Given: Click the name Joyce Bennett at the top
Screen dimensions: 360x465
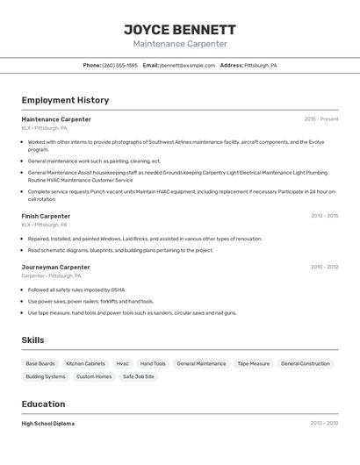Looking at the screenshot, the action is click(179, 29).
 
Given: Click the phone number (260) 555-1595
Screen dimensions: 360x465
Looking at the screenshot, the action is click(119, 66).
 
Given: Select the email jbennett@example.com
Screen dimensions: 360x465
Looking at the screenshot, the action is click(187, 66).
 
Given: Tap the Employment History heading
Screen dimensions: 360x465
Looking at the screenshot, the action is click(65, 101).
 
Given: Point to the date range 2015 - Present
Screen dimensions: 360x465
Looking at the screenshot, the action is click(320, 119).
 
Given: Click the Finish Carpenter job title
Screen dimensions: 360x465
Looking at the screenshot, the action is click(46, 216).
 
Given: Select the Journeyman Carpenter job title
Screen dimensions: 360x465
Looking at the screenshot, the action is click(55, 267).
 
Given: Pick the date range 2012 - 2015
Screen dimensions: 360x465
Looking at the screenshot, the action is click(324, 216).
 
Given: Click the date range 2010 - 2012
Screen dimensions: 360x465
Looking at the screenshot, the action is click(324, 267).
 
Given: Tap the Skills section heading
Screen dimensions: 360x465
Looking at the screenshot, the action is click(32, 340).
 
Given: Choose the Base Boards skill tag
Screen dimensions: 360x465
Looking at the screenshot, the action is click(40, 363).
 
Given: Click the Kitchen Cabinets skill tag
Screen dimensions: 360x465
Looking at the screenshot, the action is click(85, 363).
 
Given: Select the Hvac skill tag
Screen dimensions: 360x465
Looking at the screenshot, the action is click(122, 363).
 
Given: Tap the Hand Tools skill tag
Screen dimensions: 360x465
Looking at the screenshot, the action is click(153, 363).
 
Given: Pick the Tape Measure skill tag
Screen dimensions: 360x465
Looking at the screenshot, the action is click(253, 363).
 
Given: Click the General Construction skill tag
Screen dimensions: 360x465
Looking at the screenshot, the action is click(305, 363).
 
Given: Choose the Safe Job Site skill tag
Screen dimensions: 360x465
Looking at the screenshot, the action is click(138, 376).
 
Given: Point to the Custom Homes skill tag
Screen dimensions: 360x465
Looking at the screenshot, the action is click(94, 376).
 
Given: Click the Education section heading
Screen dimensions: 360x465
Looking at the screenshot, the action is click(43, 404).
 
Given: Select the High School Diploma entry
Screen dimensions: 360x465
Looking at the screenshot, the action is click(47, 424).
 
